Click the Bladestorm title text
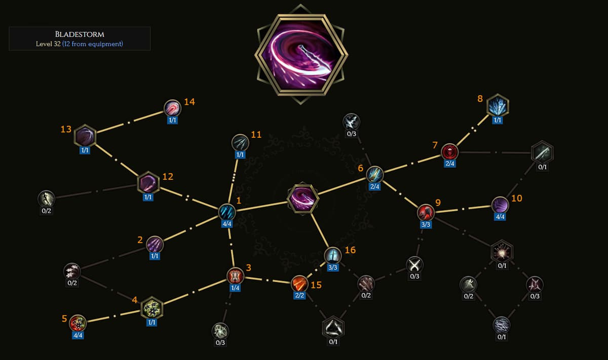(79, 34)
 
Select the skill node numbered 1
(226, 212)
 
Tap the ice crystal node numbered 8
(498, 106)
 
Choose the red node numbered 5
(78, 322)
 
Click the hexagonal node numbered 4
(151, 307)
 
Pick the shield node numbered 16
(332, 256)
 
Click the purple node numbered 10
(500, 205)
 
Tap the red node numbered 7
(449, 151)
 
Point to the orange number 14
(189, 102)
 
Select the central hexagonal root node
(303, 198)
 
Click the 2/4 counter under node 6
(375, 187)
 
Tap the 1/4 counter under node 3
(235, 288)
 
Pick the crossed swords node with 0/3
(414, 264)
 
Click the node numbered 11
(240, 142)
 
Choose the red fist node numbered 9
(426, 212)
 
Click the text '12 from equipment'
(92, 44)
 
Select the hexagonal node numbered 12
(148, 183)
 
